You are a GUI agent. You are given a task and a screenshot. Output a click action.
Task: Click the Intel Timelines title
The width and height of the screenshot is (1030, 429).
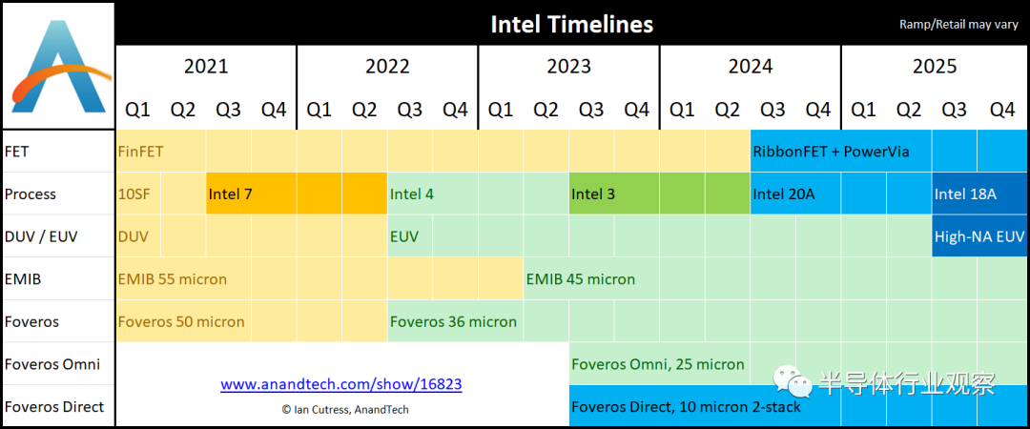pyautogui.click(x=571, y=24)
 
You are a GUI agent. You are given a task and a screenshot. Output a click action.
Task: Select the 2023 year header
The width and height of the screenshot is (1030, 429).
pyautogui.click(x=568, y=67)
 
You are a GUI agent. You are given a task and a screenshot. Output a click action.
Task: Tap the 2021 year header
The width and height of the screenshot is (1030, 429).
pyautogui.click(x=206, y=67)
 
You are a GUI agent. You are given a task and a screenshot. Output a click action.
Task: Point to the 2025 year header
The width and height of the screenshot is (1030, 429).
pyautogui.click(x=934, y=67)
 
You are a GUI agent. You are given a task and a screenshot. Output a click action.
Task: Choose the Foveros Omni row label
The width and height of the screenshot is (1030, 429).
pyautogui.click(x=52, y=364)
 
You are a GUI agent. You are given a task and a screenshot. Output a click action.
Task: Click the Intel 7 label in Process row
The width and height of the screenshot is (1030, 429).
pyautogui.click(x=230, y=194)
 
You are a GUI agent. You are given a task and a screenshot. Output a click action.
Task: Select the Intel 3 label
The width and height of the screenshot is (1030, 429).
pyautogui.click(x=593, y=194)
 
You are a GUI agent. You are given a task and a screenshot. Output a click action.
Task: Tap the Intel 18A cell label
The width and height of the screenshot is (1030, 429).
pyautogui.click(x=965, y=194)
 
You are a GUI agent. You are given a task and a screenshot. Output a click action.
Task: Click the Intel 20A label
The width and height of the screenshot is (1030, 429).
pyautogui.click(x=783, y=194)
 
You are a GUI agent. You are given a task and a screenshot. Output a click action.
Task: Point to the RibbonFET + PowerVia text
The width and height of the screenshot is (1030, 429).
pyautogui.click(x=831, y=151)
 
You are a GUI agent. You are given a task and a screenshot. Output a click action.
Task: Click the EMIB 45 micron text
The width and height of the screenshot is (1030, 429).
pyautogui.click(x=580, y=279)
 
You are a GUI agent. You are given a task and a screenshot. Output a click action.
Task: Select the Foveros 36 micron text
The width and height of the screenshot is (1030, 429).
pyautogui.click(x=453, y=321)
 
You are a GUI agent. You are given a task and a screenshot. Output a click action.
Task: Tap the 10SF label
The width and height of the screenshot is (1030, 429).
pyautogui.click(x=134, y=194)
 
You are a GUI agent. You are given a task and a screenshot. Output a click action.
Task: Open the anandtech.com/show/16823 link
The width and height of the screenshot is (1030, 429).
pyautogui.click(x=341, y=385)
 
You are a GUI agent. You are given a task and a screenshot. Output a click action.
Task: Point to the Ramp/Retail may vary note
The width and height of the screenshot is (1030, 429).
pyautogui.click(x=958, y=24)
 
